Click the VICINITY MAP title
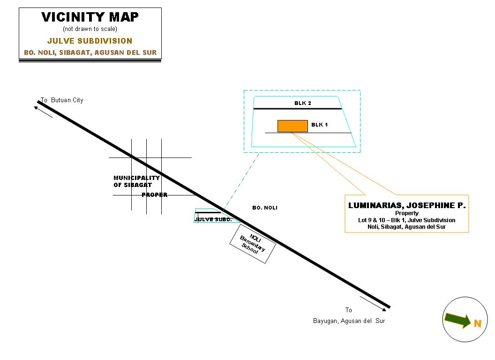[x=90, y=17]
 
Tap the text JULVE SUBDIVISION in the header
[x=90, y=41]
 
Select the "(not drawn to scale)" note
[x=90, y=29]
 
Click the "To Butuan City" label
[x=62, y=100]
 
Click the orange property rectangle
[x=292, y=126]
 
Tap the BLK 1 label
[x=320, y=125]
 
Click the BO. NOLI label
[x=264, y=208]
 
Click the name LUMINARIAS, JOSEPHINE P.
[x=407, y=205]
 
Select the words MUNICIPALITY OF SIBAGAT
[x=136, y=181]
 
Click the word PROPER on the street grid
[x=155, y=195]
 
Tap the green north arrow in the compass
[x=457, y=320]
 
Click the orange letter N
[x=477, y=323]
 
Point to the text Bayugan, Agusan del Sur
[x=349, y=321]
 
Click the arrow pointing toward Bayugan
[x=373, y=303]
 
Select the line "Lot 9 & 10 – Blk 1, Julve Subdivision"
[x=406, y=220]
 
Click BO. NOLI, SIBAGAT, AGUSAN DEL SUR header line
[x=90, y=52]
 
